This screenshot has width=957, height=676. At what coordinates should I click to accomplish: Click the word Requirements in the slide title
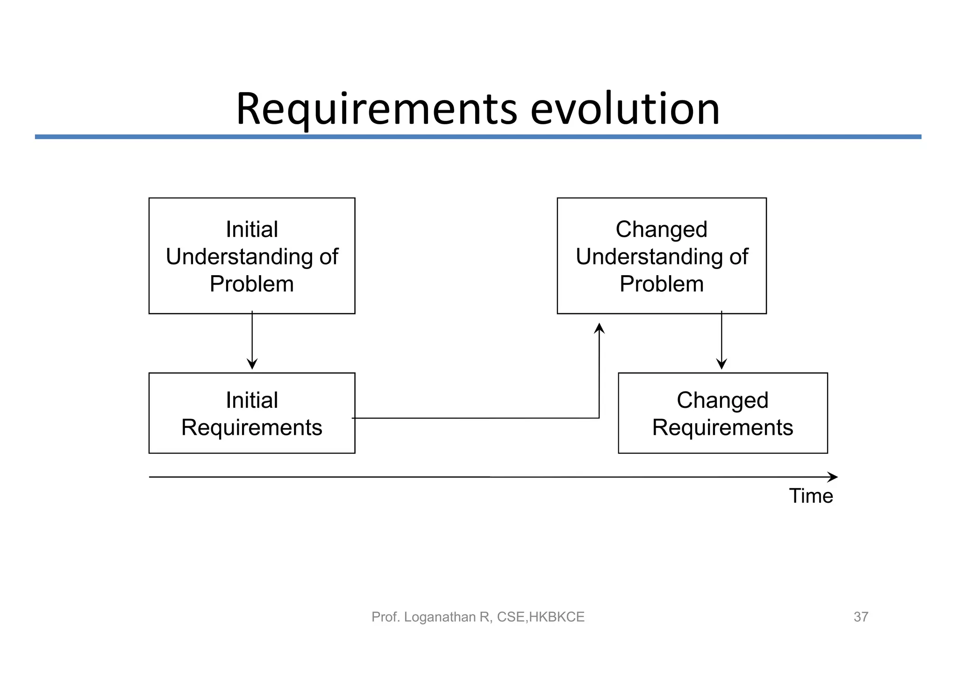(x=376, y=109)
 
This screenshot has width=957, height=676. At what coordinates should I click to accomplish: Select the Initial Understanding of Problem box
(x=252, y=256)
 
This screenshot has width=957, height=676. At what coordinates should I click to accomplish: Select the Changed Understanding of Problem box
(x=661, y=256)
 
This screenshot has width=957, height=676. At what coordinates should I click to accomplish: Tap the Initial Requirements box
(x=252, y=413)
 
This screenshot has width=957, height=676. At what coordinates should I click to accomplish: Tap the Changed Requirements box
(x=722, y=413)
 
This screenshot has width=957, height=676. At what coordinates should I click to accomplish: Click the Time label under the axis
(x=811, y=496)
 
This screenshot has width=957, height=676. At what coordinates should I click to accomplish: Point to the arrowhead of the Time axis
(x=833, y=477)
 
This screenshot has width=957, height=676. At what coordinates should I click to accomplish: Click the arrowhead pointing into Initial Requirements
(x=252, y=364)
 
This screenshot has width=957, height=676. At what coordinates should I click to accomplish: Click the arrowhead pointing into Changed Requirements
(x=721, y=364)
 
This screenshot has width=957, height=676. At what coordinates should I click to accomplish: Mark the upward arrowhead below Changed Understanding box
(x=599, y=328)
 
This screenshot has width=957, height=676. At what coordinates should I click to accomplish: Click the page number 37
(x=861, y=617)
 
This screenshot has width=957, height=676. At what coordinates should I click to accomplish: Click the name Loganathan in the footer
(x=440, y=617)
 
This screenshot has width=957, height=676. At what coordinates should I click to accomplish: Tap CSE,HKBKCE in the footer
(x=541, y=617)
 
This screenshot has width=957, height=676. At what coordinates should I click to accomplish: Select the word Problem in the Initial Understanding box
(x=252, y=284)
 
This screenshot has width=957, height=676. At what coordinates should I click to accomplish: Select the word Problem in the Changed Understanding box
(x=661, y=284)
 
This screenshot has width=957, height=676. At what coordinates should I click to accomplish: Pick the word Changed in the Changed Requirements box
(x=722, y=400)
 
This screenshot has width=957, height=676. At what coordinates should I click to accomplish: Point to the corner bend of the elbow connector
(x=599, y=418)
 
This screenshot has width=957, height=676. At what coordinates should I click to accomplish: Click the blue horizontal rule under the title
(x=478, y=137)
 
